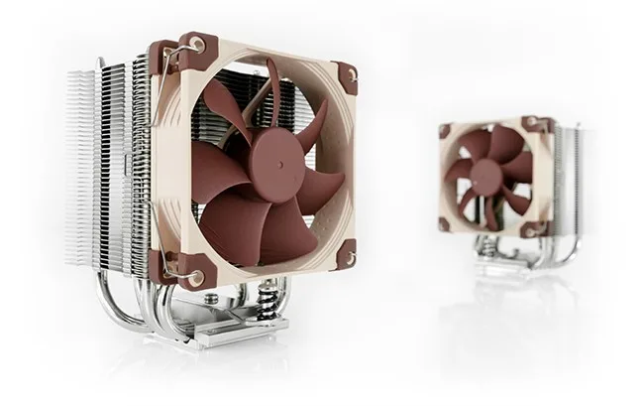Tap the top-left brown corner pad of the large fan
click(192, 47)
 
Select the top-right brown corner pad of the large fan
click(345, 74)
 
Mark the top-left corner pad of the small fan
click(445, 131)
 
